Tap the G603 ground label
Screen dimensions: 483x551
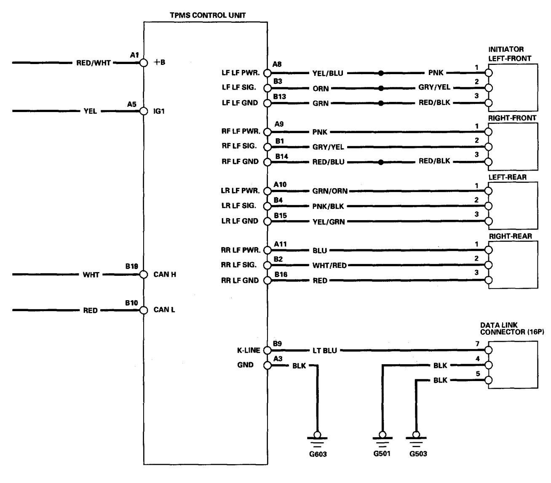point(318,454)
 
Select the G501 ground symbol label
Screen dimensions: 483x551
point(382,454)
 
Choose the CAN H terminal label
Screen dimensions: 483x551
point(165,275)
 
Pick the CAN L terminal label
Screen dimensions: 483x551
point(164,310)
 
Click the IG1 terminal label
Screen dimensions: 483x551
point(159,112)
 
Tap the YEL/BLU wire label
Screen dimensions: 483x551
point(327,73)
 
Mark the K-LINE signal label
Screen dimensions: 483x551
point(249,350)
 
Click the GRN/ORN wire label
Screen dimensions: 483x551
point(330,191)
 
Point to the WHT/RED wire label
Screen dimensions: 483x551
point(329,265)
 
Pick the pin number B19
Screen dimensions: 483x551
point(132,266)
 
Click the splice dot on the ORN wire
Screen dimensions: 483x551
point(381,88)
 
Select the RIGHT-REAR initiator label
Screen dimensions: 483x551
point(510,236)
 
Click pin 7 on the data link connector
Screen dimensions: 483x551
point(489,350)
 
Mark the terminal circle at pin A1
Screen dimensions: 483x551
point(144,63)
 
